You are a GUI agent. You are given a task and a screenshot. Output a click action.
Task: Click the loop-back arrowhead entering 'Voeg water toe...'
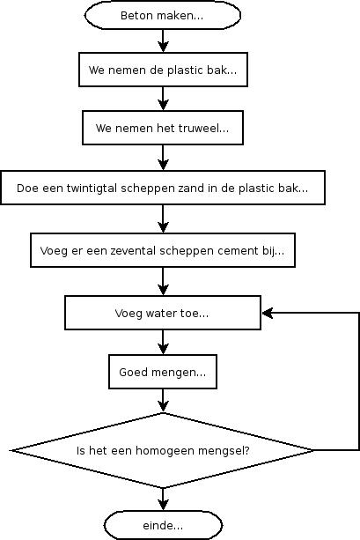click(268, 313)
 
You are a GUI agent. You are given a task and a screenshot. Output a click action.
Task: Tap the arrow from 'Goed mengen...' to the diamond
click(163, 401)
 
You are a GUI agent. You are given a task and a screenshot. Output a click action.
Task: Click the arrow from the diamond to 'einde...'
click(163, 499)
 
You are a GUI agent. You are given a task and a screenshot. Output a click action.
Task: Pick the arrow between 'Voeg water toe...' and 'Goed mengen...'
click(163, 342)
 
